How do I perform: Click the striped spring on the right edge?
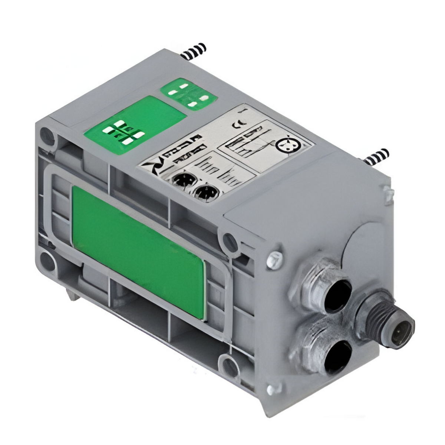(376, 156)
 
